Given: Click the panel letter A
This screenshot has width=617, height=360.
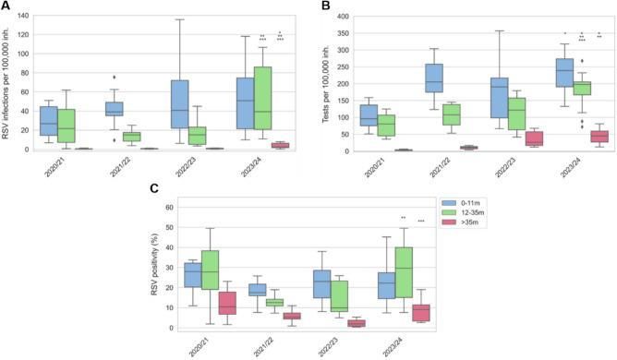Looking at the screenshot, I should coord(6,7).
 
